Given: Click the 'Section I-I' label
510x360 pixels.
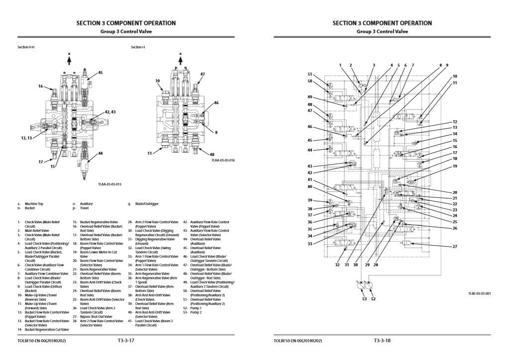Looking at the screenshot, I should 138,47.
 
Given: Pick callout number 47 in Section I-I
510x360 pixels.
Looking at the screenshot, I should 203,74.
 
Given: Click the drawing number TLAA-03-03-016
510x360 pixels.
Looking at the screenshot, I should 222,160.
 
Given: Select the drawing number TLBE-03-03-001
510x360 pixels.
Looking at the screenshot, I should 479,293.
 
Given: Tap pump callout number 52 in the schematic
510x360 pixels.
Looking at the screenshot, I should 373,299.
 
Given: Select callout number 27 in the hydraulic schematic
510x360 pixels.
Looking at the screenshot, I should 454,247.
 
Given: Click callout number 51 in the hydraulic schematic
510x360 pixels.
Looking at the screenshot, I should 309,74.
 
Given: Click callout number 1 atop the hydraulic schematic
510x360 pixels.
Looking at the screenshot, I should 341,65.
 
